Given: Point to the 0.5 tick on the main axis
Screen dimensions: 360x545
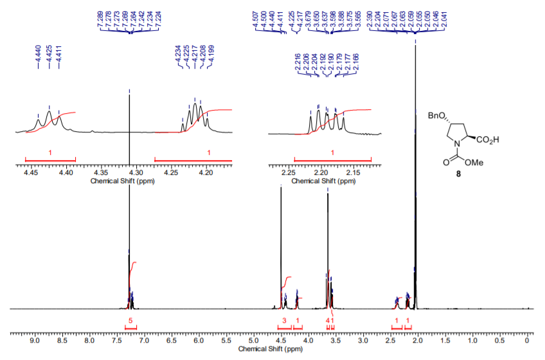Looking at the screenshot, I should tap(500, 334).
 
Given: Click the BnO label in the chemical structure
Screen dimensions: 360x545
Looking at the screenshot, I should tap(435, 116).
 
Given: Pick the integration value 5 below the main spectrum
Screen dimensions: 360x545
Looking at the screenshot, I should tap(130, 320).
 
